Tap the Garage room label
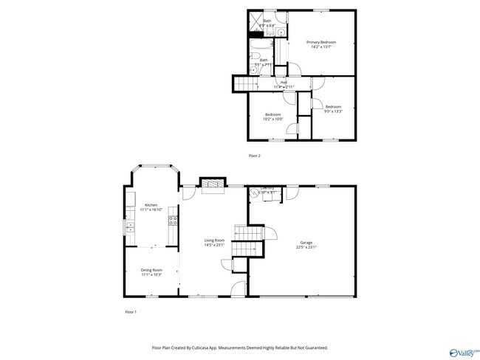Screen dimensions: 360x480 pos(306,243)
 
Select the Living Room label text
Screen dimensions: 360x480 pos(215,240)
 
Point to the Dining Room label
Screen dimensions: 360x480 pos(151,270)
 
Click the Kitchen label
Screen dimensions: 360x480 pos(151,204)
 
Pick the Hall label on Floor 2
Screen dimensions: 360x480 pos(283,82)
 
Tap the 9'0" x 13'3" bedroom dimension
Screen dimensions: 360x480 pos(334,112)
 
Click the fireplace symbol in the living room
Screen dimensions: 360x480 pos(212,184)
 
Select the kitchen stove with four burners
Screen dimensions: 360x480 pos(173,219)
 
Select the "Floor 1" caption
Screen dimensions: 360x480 pos(130,313)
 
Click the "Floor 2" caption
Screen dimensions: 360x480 pos(255,156)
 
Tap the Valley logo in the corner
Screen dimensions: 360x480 pos(462,352)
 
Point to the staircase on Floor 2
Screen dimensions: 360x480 pos(247,86)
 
